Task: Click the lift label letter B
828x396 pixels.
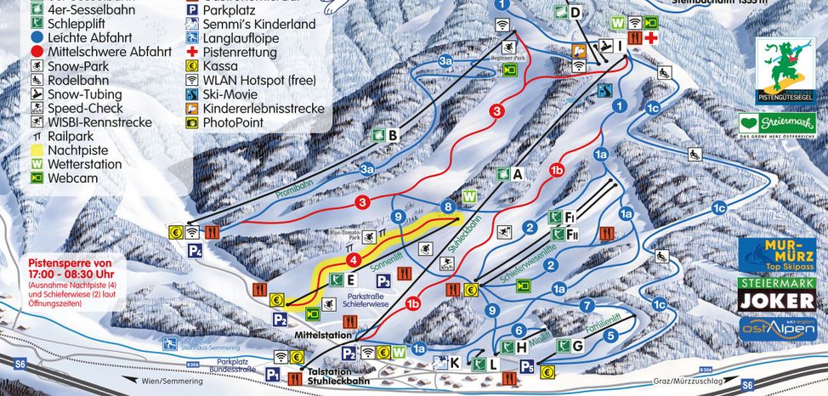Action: pyautogui.click(x=393, y=135)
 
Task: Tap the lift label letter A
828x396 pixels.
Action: pyautogui.click(x=516, y=174)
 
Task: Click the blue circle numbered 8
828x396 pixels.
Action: pyautogui.click(x=448, y=206)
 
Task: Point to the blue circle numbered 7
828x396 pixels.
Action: pyautogui.click(x=586, y=304)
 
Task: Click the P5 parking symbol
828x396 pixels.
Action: pyautogui.click(x=527, y=367)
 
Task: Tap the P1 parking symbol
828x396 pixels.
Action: pyautogui.click(x=273, y=374)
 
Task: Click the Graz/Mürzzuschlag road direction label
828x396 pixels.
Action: pyautogui.click(x=664, y=382)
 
